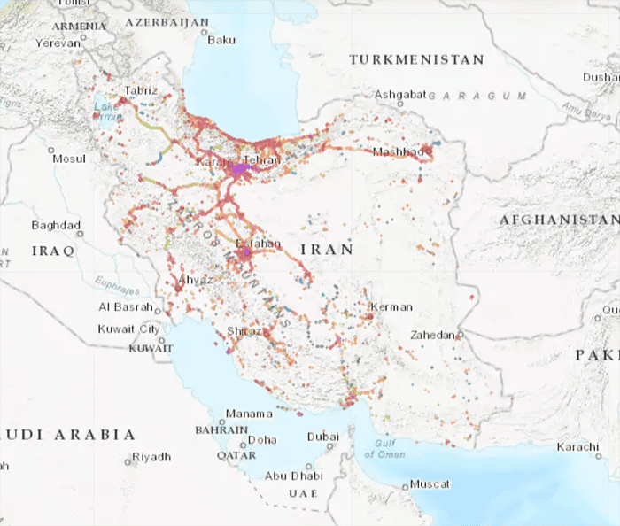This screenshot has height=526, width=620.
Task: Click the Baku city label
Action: (x=221, y=40)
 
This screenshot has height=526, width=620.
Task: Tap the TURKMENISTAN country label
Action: (x=417, y=59)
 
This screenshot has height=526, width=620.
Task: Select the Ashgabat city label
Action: (x=400, y=94)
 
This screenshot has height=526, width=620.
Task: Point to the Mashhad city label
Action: (x=399, y=152)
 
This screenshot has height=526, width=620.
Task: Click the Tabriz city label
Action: (x=142, y=90)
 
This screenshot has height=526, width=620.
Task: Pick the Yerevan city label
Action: (x=57, y=43)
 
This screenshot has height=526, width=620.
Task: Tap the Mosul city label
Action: (x=69, y=159)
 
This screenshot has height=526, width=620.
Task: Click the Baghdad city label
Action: (x=56, y=225)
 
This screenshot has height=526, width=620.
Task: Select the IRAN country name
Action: (x=327, y=250)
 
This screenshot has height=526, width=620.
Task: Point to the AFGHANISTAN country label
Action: (x=558, y=219)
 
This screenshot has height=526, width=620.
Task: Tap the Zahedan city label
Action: (x=432, y=336)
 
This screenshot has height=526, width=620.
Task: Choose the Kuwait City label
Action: (x=129, y=329)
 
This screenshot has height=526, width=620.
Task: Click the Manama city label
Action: (x=249, y=414)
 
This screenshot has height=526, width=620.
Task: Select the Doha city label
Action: (x=262, y=439)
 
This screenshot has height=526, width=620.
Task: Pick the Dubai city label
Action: (x=322, y=437)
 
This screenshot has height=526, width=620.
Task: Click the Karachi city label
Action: (x=577, y=446)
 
